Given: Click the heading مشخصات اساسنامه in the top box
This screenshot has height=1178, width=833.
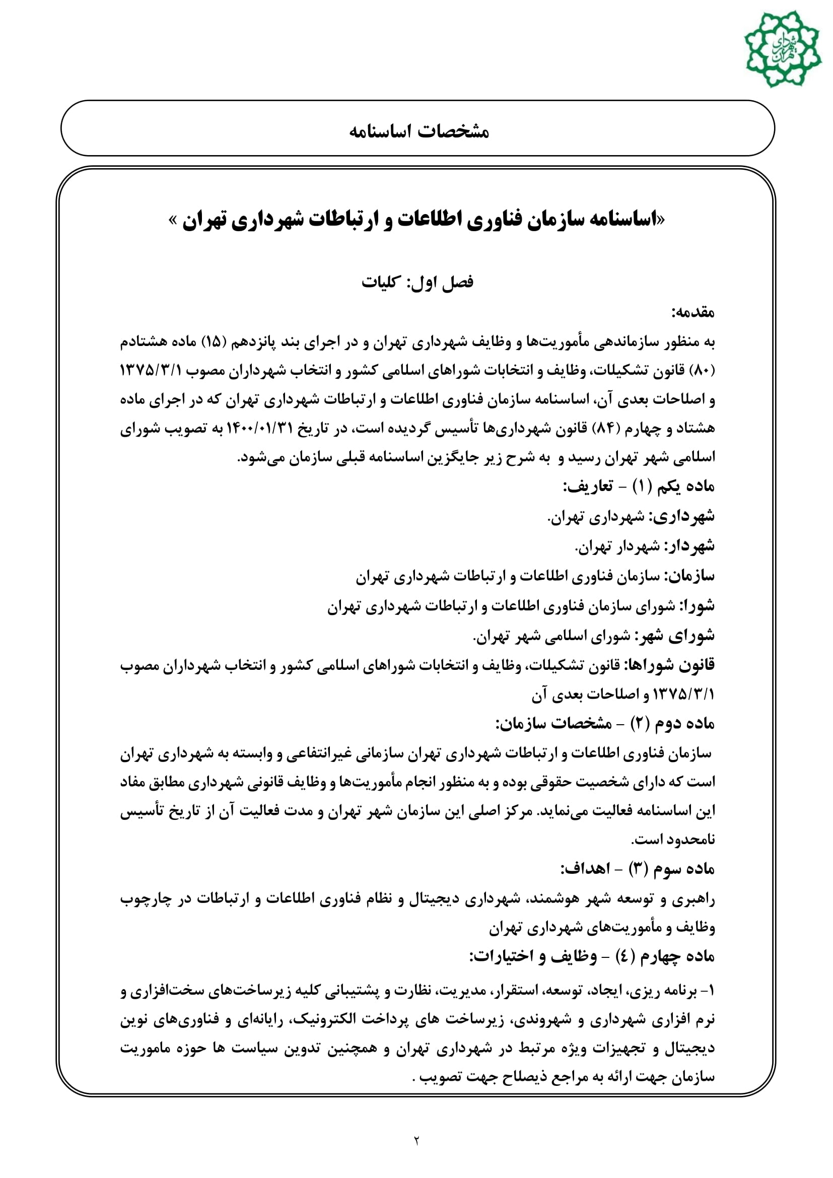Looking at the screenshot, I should [x=419, y=131].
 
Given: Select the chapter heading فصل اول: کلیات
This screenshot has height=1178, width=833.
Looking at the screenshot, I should [x=417, y=282].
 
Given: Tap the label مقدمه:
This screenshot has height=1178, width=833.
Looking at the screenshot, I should [x=693, y=312].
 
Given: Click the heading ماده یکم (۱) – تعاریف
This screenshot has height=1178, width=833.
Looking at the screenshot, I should [x=639, y=486].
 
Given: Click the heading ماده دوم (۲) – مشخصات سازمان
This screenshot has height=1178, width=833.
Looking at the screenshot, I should [x=605, y=723].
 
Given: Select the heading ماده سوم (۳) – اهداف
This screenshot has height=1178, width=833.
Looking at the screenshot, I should [x=638, y=869].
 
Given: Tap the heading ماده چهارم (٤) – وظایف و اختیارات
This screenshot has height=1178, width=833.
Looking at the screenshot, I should [x=592, y=956].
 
